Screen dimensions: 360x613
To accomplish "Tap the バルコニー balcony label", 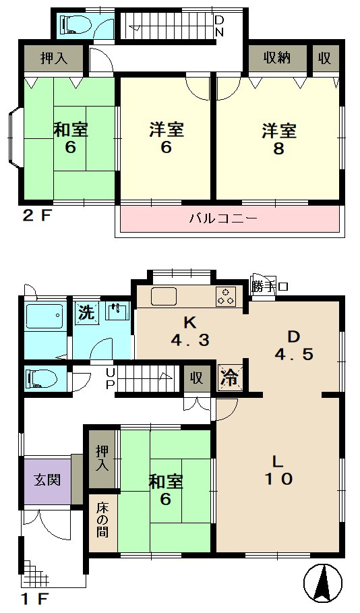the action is pos(224,218).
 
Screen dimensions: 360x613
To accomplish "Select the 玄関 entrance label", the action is pos(47,479).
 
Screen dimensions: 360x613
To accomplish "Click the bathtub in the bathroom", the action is pos(44,316).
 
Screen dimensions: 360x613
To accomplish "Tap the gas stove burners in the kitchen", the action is pos(226,296).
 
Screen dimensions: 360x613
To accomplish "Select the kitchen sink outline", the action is pos(164,295).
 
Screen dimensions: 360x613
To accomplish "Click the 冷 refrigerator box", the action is pos(230,377).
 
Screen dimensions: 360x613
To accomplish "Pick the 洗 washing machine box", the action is pos(86,313).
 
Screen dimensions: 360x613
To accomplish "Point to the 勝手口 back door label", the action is pos(270,287).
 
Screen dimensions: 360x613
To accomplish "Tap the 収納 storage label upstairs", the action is pos(277,58).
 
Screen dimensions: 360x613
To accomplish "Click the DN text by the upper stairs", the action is pos(219,26).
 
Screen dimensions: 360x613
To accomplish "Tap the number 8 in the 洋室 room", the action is pos(278,148).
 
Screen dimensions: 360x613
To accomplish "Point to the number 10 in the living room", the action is pos(278,479).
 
